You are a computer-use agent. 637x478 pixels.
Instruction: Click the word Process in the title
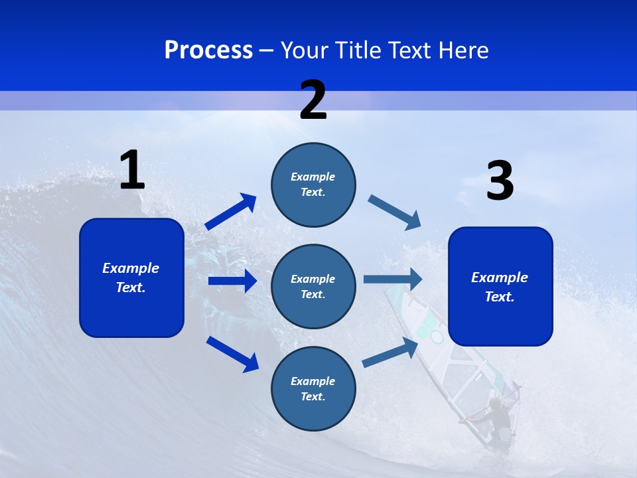pos(208,50)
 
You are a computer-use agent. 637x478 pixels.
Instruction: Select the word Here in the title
pos(462,50)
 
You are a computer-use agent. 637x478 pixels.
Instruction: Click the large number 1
pos(132,171)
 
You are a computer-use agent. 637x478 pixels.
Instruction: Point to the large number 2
pos(313,100)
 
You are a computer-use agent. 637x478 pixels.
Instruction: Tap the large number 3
pos(500,181)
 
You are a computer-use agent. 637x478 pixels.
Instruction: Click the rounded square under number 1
pos(131,278)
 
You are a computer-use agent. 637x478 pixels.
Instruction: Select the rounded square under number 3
pos(500,286)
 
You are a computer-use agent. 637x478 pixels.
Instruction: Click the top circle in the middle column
pos(313,185)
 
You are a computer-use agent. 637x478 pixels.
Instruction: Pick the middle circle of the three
pos(313,286)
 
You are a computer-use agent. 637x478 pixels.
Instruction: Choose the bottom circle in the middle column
pos(313,388)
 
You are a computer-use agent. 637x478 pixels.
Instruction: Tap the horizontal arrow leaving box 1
pos(232,281)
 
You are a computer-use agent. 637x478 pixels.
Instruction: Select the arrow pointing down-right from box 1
pos(232,354)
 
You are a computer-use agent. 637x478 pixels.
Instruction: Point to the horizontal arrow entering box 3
pos(392,279)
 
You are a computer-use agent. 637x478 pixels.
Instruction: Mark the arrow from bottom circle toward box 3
pos(390,353)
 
